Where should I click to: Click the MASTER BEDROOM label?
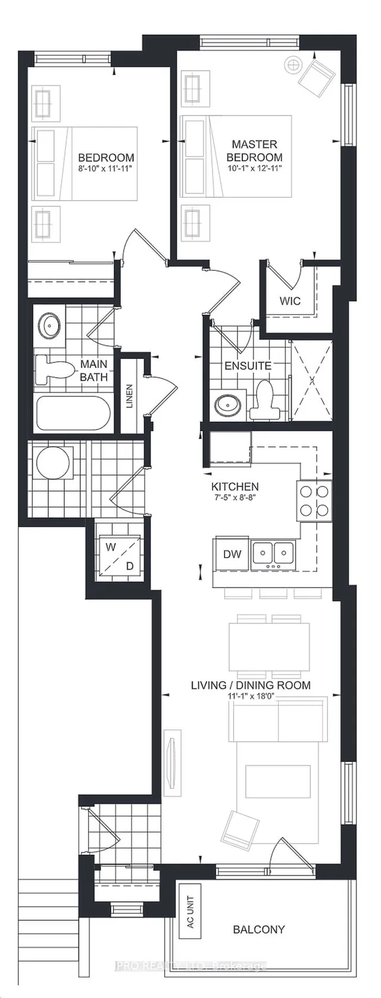coord(254,151)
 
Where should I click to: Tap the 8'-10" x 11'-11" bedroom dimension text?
coord(106,169)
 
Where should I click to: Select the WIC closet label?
coord(290,300)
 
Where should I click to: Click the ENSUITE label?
coord(248,366)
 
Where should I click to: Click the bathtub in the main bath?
coord(73,413)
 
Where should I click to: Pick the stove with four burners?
coord(314,500)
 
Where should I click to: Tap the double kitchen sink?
coord(273,554)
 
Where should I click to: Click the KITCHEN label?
coord(235,487)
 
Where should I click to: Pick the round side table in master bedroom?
coord(293,65)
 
